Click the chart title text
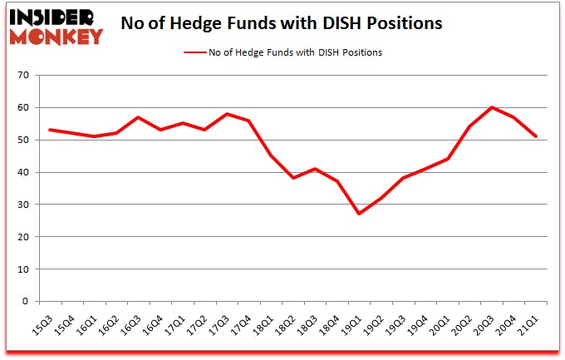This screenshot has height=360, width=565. (281, 23)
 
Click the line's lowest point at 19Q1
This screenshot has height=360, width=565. (359, 214)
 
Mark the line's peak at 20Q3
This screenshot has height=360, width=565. (492, 107)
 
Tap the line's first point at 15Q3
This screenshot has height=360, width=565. (50, 130)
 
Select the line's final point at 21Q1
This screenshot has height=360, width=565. (537, 136)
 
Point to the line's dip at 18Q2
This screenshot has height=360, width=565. (292, 178)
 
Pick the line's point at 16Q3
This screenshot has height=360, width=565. (138, 117)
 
